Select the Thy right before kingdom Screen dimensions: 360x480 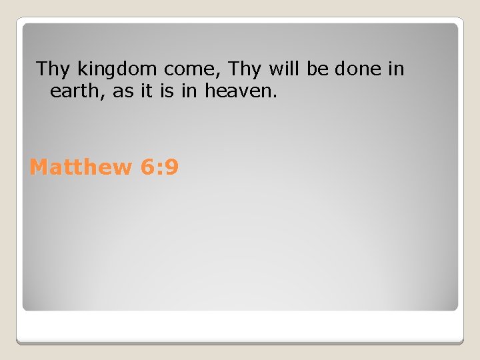(x=54, y=69)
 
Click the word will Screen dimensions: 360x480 (x=286, y=69)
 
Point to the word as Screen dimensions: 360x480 (x=123, y=92)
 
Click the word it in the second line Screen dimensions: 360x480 (x=146, y=91)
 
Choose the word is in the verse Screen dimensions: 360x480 (x=167, y=91)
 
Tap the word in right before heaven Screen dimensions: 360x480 (x=189, y=91)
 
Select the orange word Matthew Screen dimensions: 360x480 (x=81, y=167)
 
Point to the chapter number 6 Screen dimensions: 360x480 (x=148, y=167)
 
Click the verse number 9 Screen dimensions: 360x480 (x=171, y=167)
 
